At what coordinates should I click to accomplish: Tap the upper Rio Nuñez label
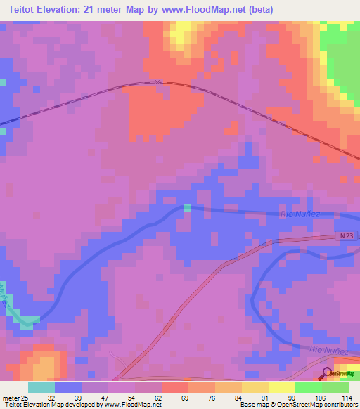[x=301, y=214]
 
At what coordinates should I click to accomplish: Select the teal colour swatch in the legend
[x=41, y=387]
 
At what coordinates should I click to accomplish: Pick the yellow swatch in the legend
[x=282, y=387]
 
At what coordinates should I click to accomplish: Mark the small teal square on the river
[x=187, y=208]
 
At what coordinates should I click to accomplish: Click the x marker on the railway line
[x=159, y=82]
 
